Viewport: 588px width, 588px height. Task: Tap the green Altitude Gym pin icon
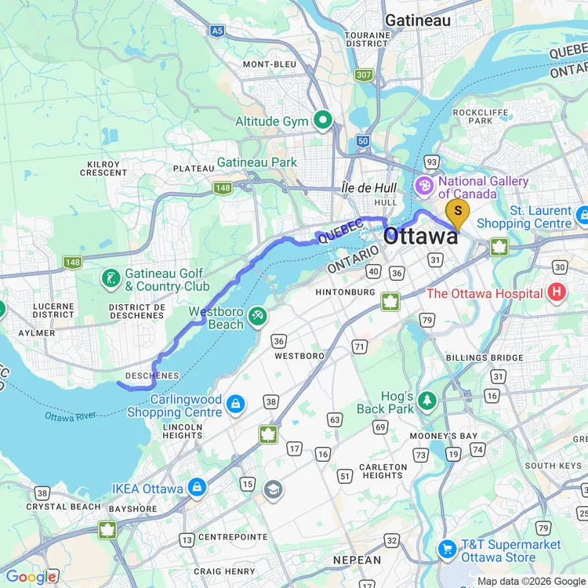[322, 121]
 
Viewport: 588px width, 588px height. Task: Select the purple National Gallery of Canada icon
[423, 187]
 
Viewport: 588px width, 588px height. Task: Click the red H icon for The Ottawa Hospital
[557, 293]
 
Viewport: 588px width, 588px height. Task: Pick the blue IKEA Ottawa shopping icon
[196, 488]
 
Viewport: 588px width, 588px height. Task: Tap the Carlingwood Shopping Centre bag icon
[234, 405]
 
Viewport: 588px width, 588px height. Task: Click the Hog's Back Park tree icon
[426, 401]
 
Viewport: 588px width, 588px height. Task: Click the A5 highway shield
[217, 31]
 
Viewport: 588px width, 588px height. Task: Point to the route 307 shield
[363, 75]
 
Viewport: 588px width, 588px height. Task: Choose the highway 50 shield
[361, 140]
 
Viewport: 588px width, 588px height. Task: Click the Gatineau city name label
[417, 20]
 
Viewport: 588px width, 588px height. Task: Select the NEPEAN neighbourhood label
[357, 561]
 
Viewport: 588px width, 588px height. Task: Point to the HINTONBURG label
[345, 292]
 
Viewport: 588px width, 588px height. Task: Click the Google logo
[30, 577]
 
